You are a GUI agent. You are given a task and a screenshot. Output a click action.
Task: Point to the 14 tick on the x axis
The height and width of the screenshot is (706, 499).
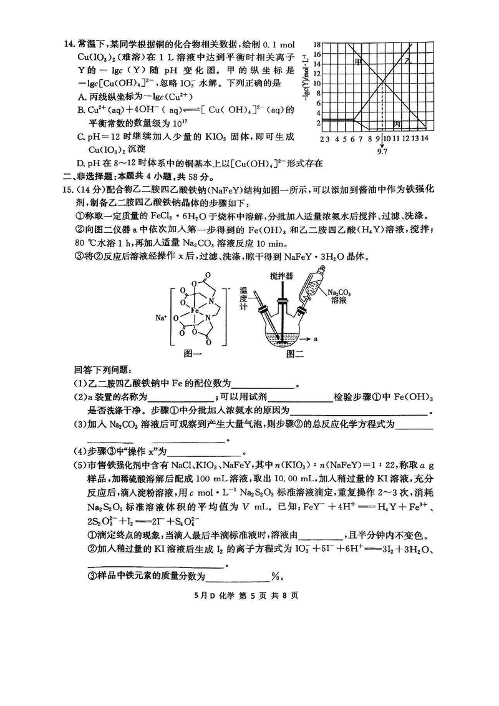click(424, 138)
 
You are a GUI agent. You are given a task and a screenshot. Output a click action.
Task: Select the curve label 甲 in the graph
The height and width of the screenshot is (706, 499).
click(358, 62)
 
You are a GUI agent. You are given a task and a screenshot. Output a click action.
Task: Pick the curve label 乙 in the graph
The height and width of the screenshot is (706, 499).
click(407, 62)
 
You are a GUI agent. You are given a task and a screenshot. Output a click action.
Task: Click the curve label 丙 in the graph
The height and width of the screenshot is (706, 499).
click(397, 124)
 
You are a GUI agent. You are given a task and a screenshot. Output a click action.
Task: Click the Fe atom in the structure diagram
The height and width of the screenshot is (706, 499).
click(195, 310)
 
